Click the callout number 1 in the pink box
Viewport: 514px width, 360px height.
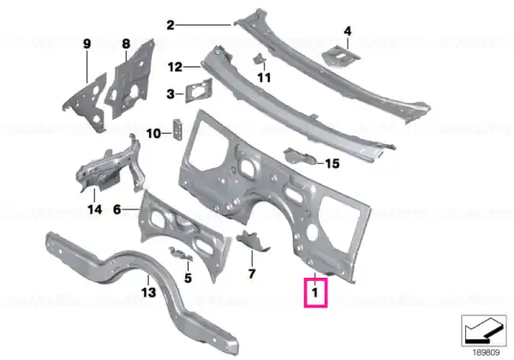[x=315, y=292]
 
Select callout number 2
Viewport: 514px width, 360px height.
[x=170, y=25]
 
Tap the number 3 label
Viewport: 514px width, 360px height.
[x=170, y=94]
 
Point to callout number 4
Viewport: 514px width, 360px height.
[x=348, y=31]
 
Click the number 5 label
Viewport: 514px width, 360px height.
[x=188, y=278]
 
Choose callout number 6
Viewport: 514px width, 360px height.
[x=117, y=209]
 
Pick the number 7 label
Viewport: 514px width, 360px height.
[x=252, y=273]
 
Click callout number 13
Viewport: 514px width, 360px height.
[x=148, y=291]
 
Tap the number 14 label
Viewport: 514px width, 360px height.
[x=95, y=209]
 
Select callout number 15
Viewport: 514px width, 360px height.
[x=332, y=163]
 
